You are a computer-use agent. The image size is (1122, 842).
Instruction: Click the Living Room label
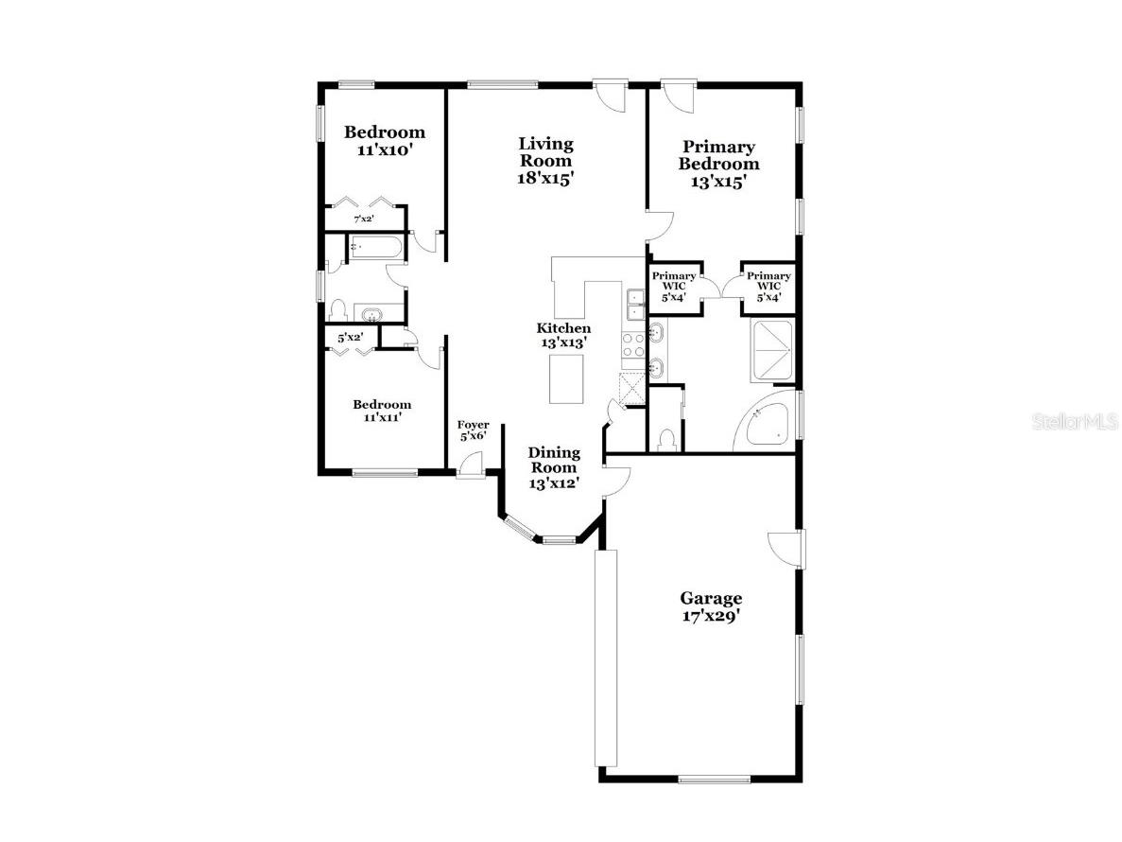tap(545, 160)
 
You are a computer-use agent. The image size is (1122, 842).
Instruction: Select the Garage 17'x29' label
tap(711, 606)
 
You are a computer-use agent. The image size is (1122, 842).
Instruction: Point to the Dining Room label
tap(553, 467)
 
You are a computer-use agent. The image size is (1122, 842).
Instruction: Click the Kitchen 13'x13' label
tap(563, 335)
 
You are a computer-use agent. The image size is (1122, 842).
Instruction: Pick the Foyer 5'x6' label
tap(473, 430)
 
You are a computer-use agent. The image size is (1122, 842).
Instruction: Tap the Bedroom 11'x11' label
tap(383, 410)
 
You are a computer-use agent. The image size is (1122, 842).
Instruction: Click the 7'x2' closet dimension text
tap(363, 219)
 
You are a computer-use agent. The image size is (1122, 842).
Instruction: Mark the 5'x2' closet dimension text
tap(351, 337)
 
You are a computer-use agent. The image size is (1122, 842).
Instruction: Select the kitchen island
tap(566, 374)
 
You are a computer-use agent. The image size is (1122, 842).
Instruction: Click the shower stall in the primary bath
tap(773, 351)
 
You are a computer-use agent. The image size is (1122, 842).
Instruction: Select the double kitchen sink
tap(634, 304)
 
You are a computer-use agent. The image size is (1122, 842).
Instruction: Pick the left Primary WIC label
tap(674, 287)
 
